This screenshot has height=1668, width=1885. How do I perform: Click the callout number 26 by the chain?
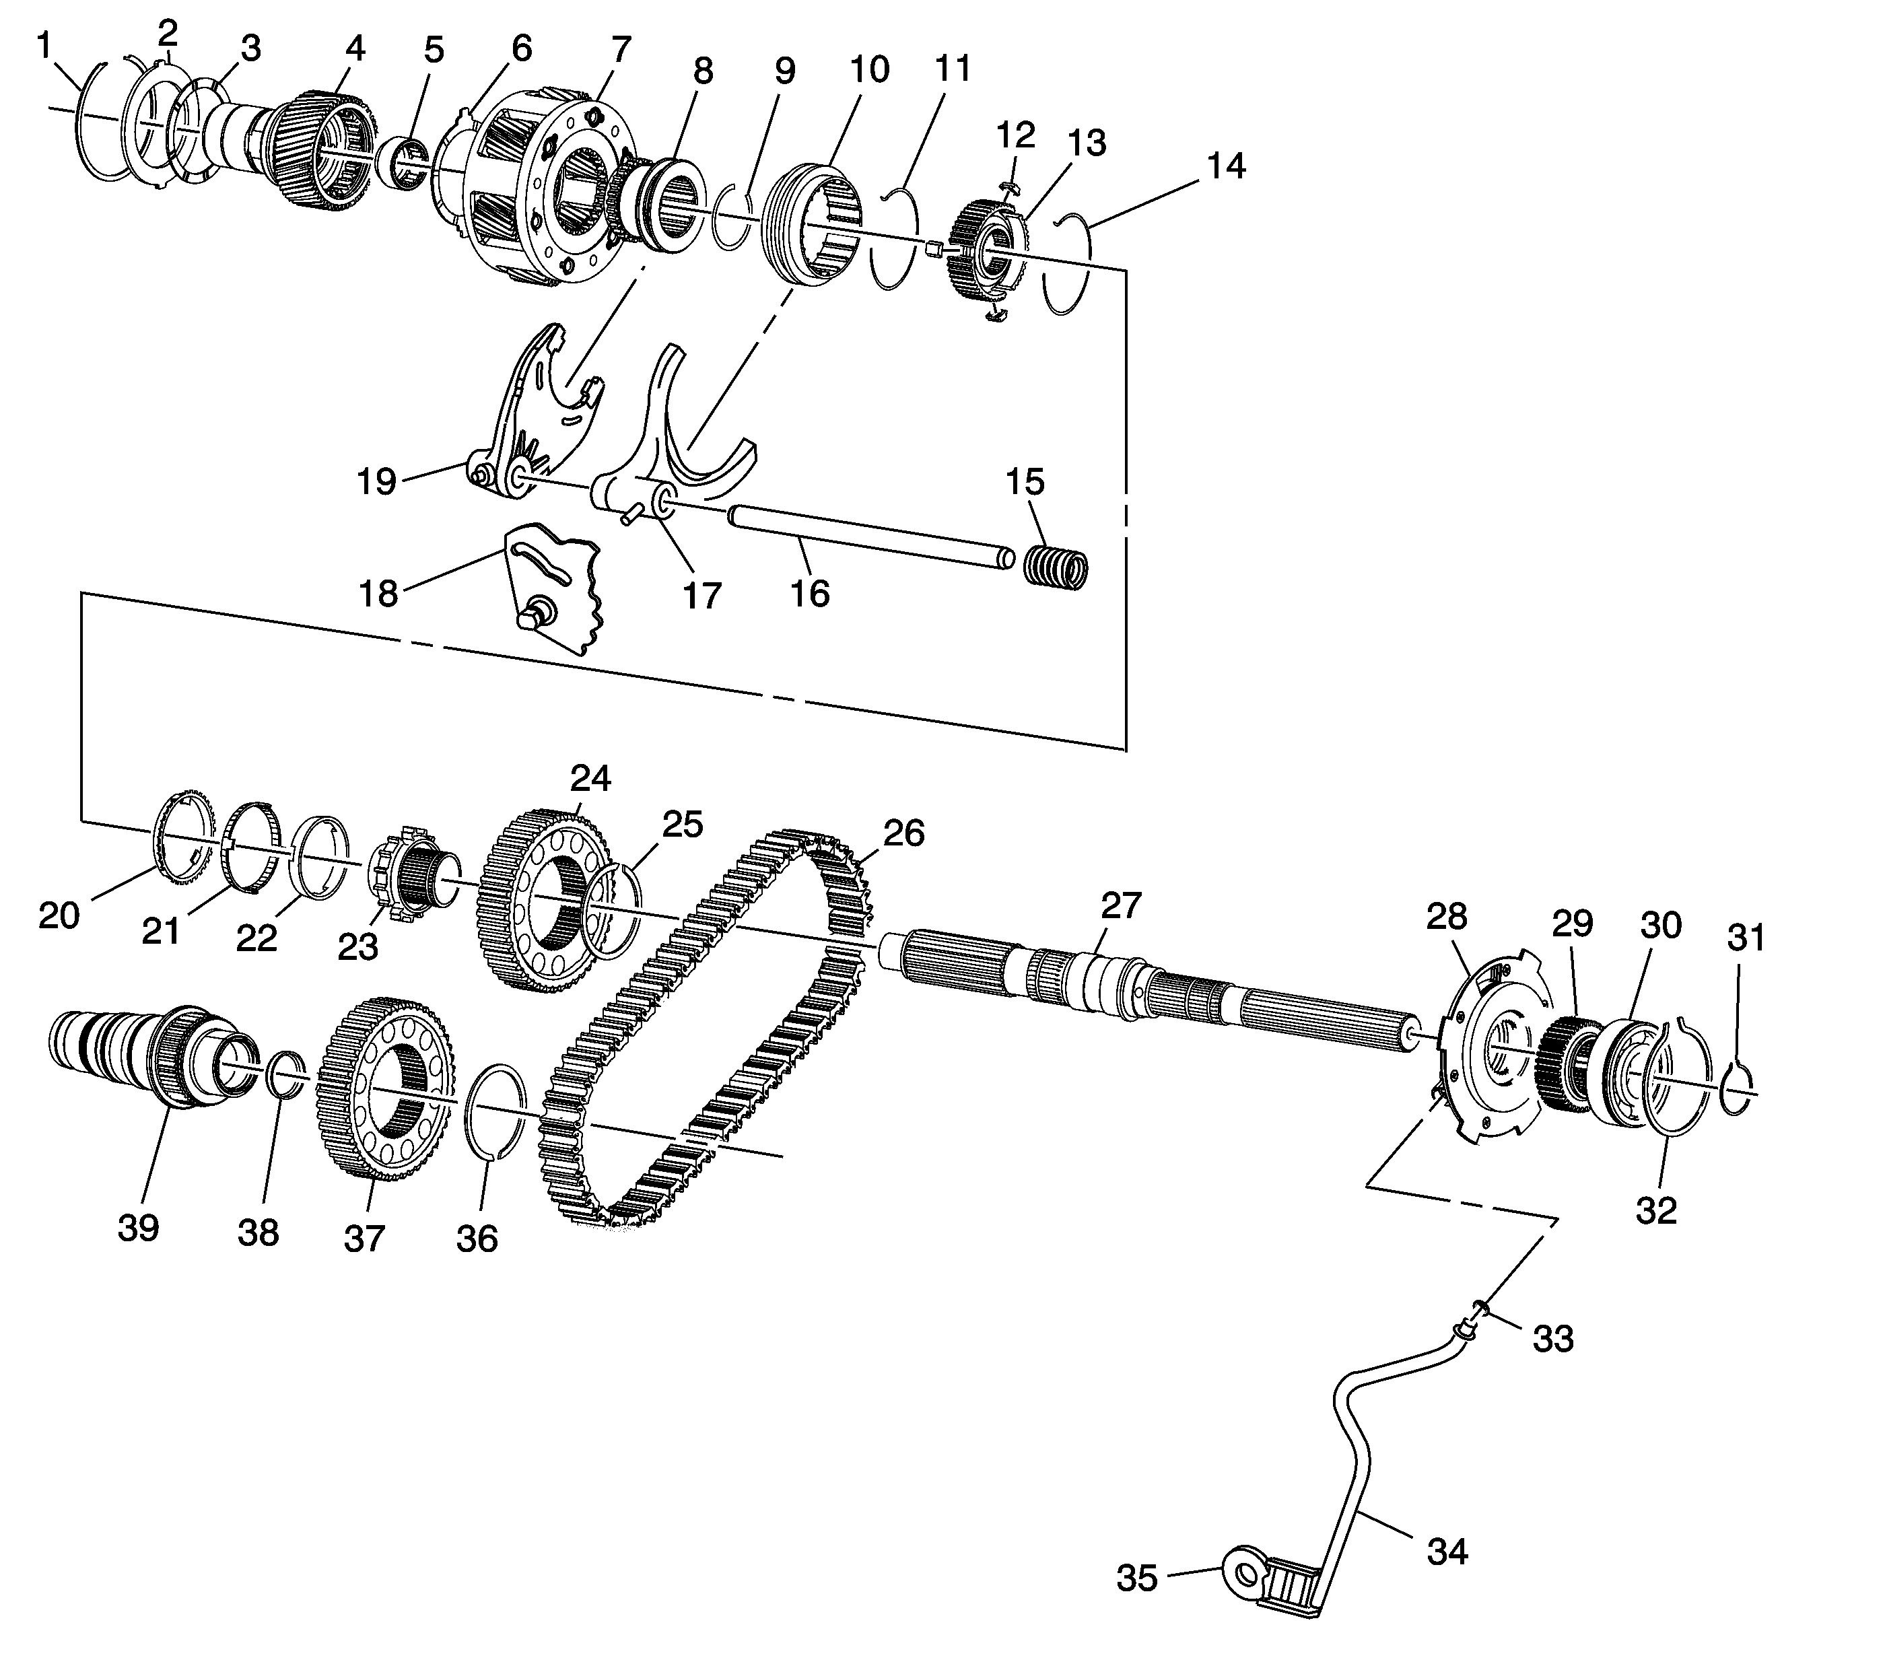[903, 833]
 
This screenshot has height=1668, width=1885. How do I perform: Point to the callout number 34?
[1447, 1552]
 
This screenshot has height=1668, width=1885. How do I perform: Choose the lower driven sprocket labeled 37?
[382, 1088]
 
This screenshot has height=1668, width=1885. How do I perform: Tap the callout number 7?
[621, 48]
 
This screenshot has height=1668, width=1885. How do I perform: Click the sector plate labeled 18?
[553, 590]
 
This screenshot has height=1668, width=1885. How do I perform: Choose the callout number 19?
[376, 481]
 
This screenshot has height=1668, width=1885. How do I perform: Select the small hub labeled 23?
[411, 880]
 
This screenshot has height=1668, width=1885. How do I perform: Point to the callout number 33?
[1553, 1338]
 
